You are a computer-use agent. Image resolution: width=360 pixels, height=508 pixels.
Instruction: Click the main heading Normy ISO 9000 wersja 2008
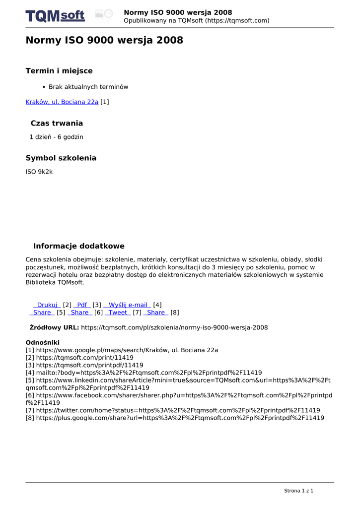point(104,40)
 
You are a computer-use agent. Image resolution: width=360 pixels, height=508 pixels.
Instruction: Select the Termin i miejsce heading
point(59,71)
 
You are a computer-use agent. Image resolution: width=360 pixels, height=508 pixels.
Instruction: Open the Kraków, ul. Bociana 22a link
point(62,102)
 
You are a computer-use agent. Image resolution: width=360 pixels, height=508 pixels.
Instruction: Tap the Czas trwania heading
point(57,123)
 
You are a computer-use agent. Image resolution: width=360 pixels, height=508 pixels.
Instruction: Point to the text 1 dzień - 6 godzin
point(57,136)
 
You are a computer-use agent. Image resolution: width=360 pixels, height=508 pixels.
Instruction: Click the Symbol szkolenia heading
point(61,158)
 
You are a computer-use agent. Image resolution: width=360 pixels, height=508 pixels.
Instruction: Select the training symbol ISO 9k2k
point(39,172)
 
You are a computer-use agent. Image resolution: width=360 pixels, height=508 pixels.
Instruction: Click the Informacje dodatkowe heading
point(79,246)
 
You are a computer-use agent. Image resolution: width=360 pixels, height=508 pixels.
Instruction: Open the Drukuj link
point(47,305)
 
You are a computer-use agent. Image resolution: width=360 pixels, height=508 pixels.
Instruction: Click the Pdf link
point(82,305)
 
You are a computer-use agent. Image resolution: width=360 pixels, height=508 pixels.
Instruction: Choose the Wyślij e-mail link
point(128,305)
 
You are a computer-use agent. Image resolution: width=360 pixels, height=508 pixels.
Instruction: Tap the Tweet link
point(118,313)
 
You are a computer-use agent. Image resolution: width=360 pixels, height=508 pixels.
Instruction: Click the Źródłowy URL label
point(54,327)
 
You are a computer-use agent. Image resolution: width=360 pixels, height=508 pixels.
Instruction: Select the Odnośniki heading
point(43,342)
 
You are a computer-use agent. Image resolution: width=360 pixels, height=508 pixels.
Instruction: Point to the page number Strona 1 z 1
point(298,491)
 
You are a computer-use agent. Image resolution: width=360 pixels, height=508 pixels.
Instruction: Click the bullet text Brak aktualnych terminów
point(88,87)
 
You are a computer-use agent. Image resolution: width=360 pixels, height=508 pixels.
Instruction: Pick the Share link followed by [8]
point(155,313)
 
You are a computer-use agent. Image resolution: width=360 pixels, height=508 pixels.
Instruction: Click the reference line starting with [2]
point(79,357)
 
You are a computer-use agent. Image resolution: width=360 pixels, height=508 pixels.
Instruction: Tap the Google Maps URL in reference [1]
point(127,350)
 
